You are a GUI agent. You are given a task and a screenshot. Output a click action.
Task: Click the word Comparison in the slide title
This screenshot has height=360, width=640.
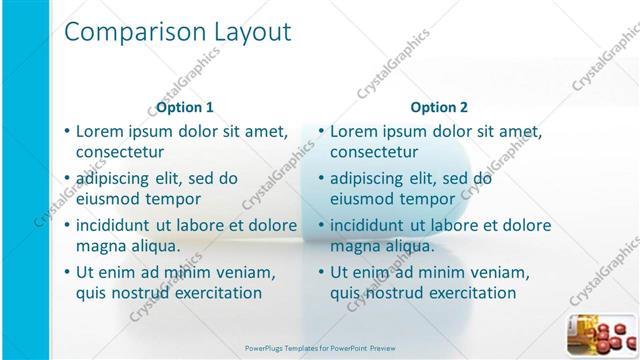click(x=129, y=32)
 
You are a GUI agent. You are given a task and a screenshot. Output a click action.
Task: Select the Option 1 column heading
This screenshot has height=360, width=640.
click(x=185, y=107)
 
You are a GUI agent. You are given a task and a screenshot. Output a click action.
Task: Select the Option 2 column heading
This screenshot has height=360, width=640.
click(x=439, y=107)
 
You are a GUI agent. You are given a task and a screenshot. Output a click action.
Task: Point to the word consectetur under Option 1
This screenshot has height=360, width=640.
click(x=120, y=152)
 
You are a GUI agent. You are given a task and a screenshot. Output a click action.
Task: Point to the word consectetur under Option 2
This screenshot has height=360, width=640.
click(x=374, y=152)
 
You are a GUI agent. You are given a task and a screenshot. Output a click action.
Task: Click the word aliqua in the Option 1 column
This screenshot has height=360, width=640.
click(x=154, y=246)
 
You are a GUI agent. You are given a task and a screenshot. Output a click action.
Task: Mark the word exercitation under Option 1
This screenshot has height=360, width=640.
click(x=209, y=293)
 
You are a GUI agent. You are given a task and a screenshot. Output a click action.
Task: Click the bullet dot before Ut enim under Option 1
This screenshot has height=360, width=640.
click(x=67, y=272)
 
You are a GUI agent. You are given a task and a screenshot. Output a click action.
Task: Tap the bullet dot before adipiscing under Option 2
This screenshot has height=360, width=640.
click(x=321, y=178)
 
